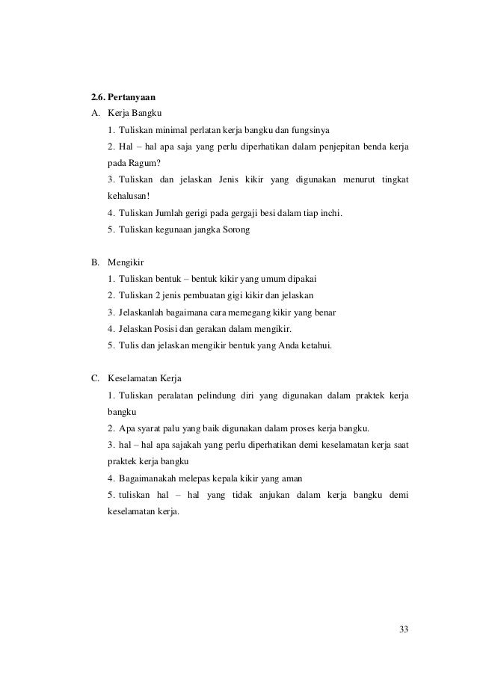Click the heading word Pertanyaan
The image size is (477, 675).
click(132, 97)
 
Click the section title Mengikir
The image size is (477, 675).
click(126, 262)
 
